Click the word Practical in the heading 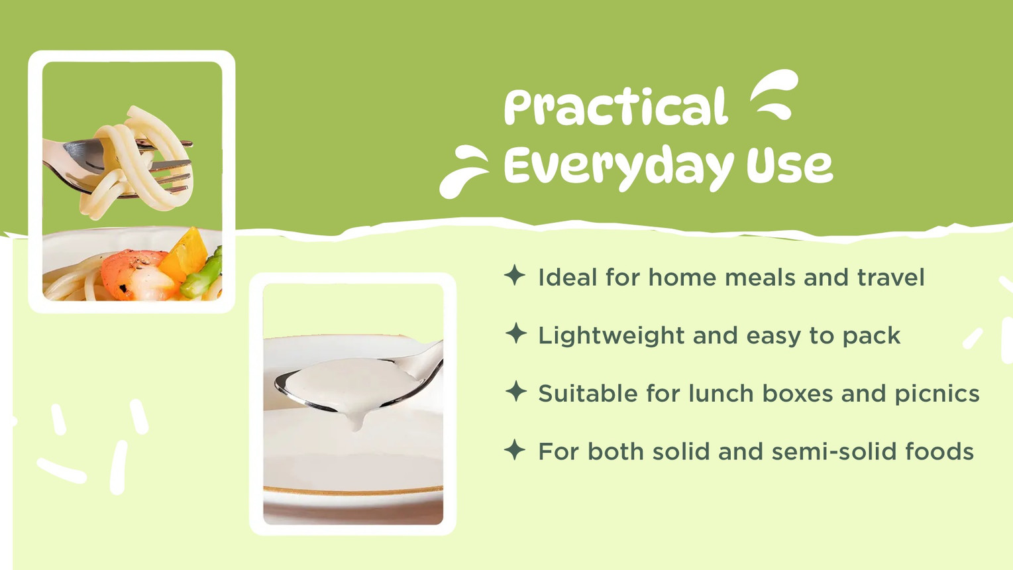tap(616, 107)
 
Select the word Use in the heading tap(790, 166)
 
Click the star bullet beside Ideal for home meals tap(515, 275)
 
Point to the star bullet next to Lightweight tap(516, 333)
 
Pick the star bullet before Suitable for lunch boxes tap(516, 391)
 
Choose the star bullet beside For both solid tap(515, 449)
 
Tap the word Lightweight tap(611, 336)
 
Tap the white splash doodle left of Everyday tap(464, 172)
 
